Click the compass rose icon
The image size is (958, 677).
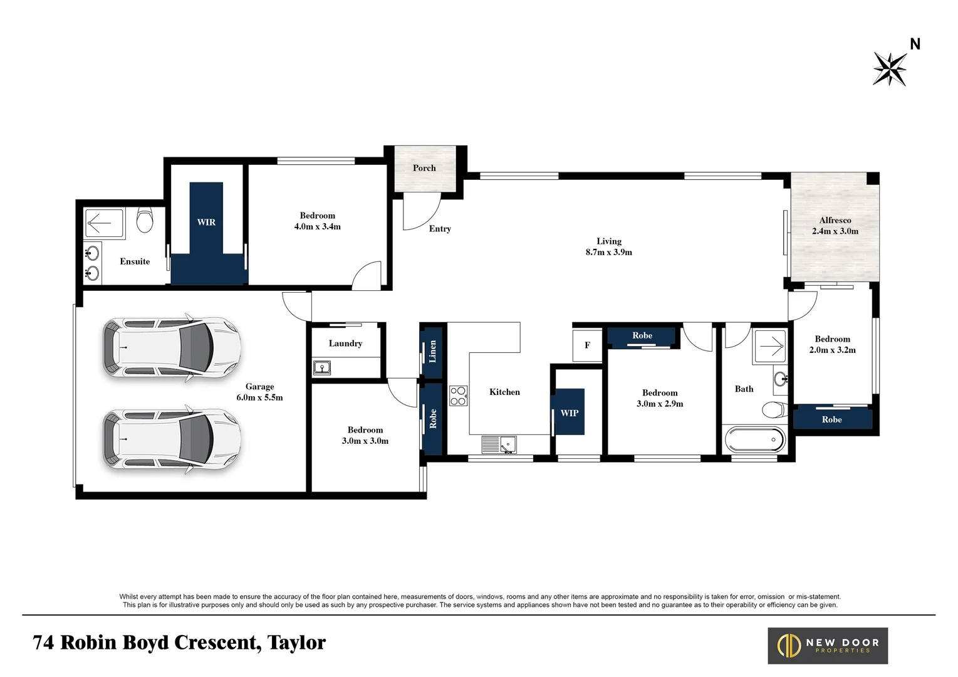pos(890,68)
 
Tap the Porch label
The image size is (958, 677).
pos(424,168)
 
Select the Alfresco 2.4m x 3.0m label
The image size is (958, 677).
pos(835,226)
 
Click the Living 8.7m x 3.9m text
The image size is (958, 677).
pos(608,246)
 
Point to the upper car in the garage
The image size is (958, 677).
pos(172,347)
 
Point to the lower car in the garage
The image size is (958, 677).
pos(172,439)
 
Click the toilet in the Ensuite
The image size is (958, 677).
pos(145,221)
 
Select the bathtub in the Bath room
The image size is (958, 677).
pos(755,440)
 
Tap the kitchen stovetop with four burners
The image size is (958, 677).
pos(458,396)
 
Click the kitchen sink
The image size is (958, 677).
pos(499,444)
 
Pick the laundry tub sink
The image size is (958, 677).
pos(322,367)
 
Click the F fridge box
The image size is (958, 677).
pos(587,345)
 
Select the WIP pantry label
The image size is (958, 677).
pos(569,412)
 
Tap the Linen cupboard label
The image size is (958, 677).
pos(432,352)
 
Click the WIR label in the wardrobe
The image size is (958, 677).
pos(206,222)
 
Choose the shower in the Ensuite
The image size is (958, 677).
pos(104,223)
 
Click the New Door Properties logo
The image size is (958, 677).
pos(828,645)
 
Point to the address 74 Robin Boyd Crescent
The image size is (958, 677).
pos(179,643)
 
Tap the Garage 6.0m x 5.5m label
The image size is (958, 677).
pos(259,392)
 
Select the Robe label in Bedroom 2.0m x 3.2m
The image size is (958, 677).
pos(831,419)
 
